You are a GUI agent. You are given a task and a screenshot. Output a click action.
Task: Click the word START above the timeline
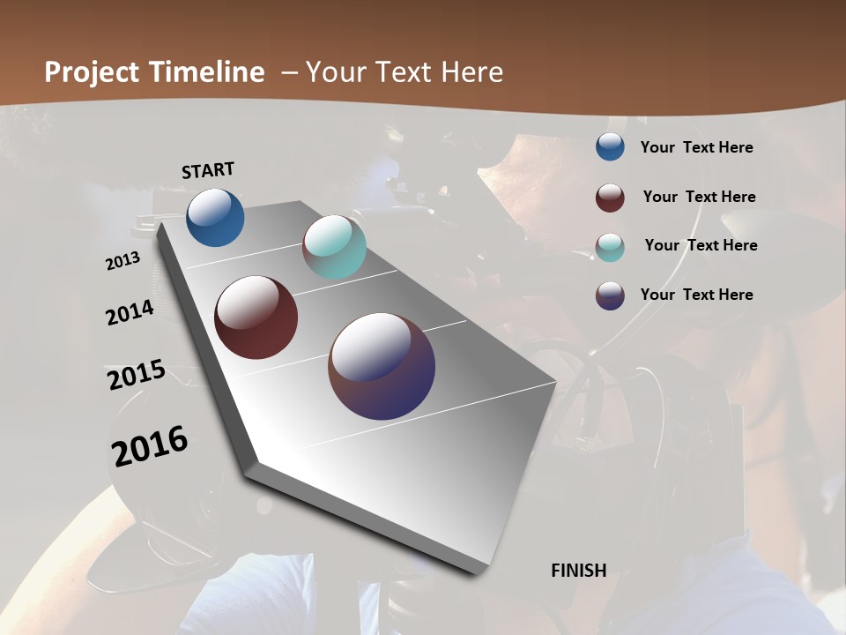pos(208,170)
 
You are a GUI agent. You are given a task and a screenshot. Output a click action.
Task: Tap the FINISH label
pos(579,571)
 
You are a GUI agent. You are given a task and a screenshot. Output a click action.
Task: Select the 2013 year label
pos(122,261)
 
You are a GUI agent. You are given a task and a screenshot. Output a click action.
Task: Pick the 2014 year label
pos(130,312)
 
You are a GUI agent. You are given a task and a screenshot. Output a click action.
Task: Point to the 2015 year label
pos(137,375)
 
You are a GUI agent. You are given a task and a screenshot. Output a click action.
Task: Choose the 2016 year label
pos(150,446)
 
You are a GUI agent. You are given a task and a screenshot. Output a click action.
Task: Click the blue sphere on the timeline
pos(215,217)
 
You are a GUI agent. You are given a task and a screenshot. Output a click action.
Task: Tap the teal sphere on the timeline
pos(334,247)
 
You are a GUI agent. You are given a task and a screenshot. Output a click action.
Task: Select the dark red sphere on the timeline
pos(256,317)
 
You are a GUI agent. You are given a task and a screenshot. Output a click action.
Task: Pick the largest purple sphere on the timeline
pos(382,366)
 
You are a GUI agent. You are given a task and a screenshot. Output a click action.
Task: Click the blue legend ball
pos(610,147)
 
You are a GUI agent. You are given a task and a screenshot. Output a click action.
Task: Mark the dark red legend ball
pos(610,198)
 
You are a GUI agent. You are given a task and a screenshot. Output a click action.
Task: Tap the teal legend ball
pos(610,247)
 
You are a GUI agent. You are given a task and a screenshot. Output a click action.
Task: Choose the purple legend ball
pos(610,295)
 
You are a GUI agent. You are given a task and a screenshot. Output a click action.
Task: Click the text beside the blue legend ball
pos(696,147)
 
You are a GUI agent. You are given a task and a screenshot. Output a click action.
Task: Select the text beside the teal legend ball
pos(701,245)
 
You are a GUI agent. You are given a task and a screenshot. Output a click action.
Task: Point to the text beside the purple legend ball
pos(696,295)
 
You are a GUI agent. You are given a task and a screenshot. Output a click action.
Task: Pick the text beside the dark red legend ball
pos(699,197)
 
